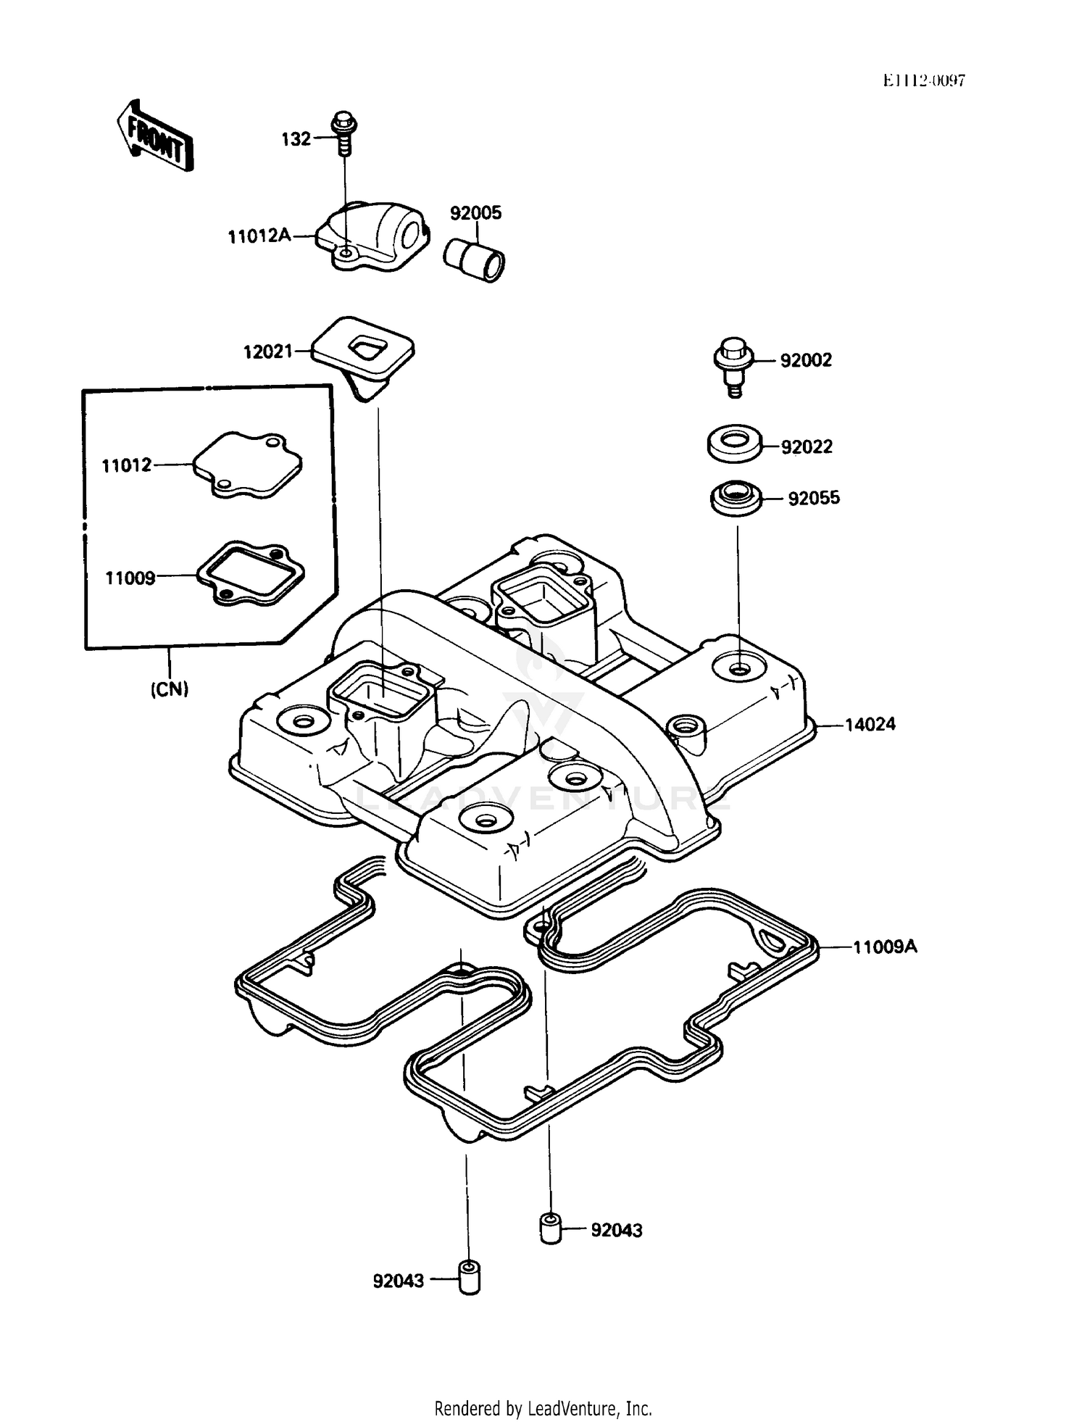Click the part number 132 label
[x=296, y=139]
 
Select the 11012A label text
[x=259, y=236]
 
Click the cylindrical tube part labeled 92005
[x=474, y=259]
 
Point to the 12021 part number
[x=267, y=352]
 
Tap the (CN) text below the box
[x=170, y=689]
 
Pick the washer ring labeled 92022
[x=734, y=442]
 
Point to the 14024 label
[x=870, y=724]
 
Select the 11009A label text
[x=884, y=947]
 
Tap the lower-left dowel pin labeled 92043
[x=469, y=1279]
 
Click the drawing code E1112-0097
[x=923, y=80]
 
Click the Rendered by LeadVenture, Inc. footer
[x=543, y=1408]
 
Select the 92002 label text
[x=806, y=360]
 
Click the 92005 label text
[x=475, y=213]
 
